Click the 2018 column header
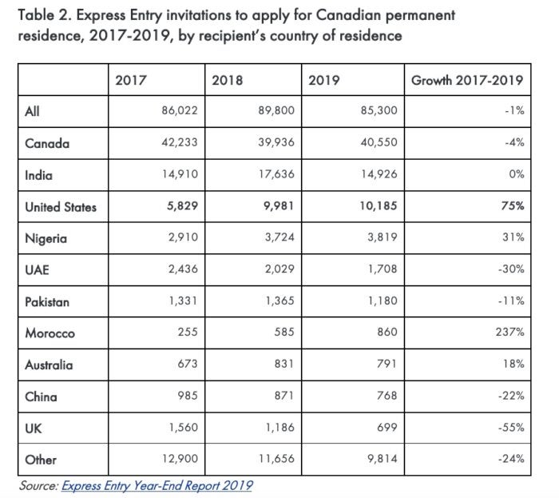tap(227, 80)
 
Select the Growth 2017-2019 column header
tap(466, 80)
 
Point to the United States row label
tap(61, 207)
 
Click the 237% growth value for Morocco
tap(509, 333)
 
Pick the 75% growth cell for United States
tap(513, 207)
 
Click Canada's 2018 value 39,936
tap(276, 144)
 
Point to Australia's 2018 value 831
tap(284, 365)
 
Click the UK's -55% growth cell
tap(511, 428)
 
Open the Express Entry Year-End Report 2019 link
tap(157, 484)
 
